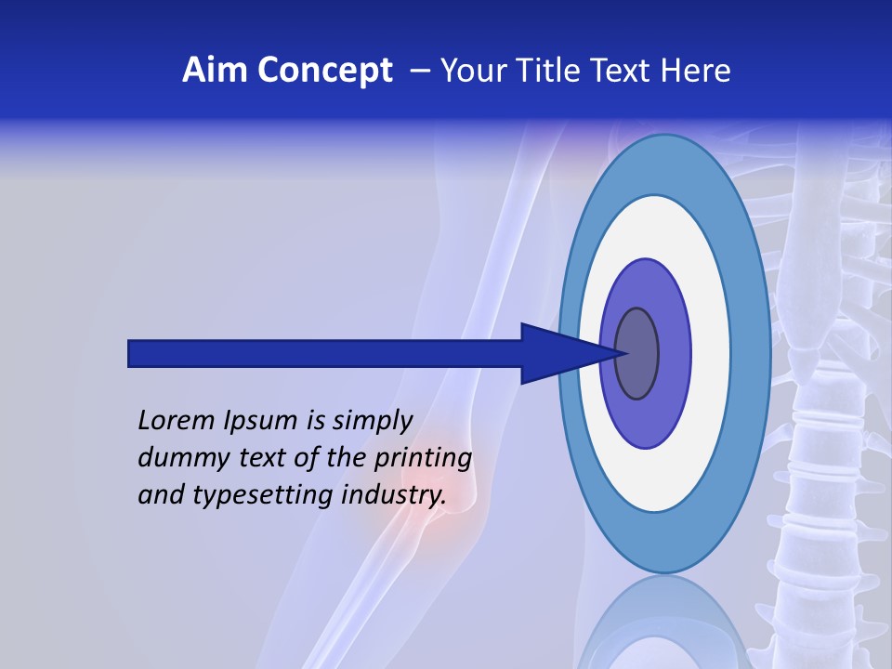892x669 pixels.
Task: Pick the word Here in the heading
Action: coord(697,71)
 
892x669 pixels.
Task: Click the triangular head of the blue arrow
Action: coord(557,353)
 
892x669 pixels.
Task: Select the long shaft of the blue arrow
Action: coord(325,353)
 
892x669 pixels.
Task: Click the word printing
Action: coord(423,459)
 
